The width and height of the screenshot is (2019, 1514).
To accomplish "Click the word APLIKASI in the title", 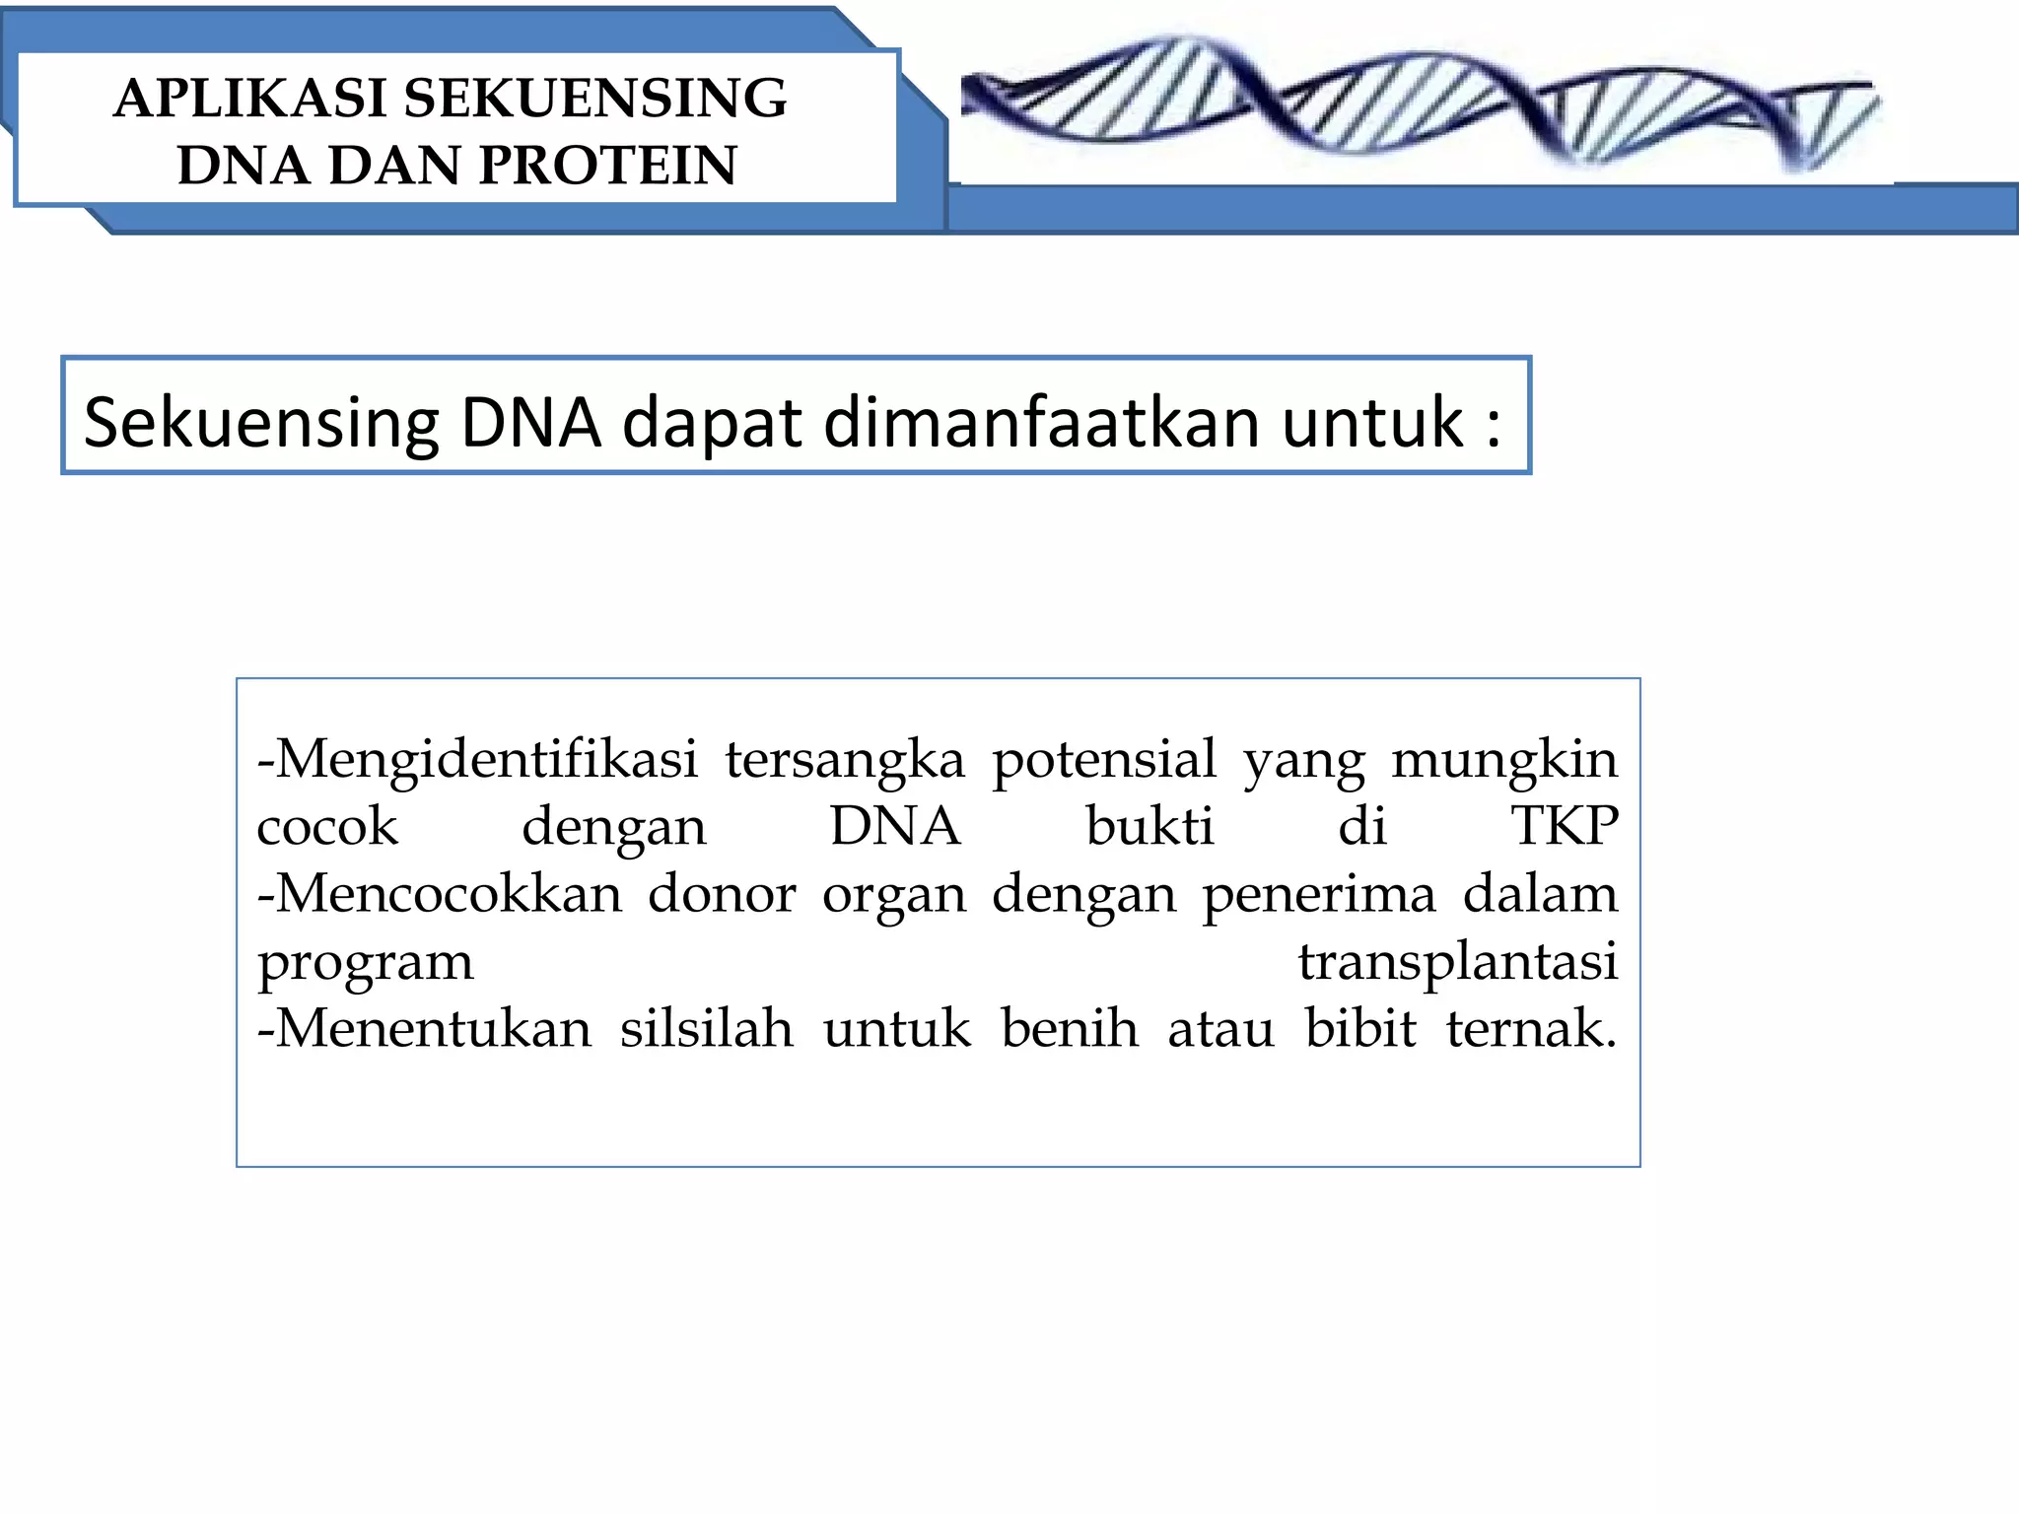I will [x=249, y=99].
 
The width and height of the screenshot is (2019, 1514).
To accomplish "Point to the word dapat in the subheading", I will [x=712, y=424].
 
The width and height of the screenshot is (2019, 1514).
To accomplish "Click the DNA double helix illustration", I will [x=1420, y=103].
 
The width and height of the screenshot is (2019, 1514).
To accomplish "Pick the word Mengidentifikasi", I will [x=485, y=759].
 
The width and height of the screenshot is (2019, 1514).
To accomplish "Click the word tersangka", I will [x=845, y=761].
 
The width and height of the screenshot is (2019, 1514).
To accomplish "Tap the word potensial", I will [x=1104, y=761].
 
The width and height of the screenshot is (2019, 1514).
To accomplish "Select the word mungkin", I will [x=1504, y=761].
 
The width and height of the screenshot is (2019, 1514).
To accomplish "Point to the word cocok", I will [x=327, y=826].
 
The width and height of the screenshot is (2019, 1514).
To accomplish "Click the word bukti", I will [x=1149, y=826].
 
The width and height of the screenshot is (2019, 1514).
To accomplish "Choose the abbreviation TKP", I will [x=1565, y=826].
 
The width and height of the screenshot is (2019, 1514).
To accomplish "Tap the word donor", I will [x=722, y=894].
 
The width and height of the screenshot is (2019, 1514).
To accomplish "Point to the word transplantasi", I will [x=1457, y=962].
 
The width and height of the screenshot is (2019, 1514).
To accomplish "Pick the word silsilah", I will [x=706, y=1028].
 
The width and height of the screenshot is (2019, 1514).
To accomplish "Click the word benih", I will [x=1070, y=1028].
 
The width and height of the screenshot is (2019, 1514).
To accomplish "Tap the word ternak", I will [x=1530, y=1028].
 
